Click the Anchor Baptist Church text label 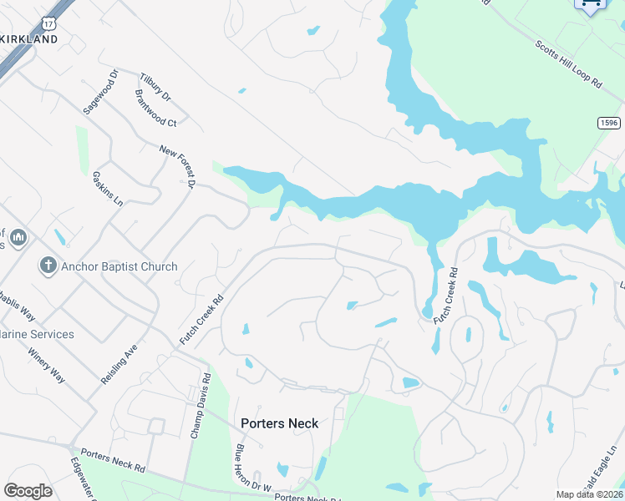(x=119, y=266)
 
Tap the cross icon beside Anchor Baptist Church (x=48, y=266)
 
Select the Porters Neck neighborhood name (x=279, y=423)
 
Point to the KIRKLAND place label (x=29, y=39)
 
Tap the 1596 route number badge (x=609, y=123)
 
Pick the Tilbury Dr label (x=155, y=87)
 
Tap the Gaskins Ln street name (x=107, y=190)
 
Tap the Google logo (x=28, y=491)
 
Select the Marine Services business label (x=38, y=334)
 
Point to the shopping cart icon (x=591, y=5)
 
